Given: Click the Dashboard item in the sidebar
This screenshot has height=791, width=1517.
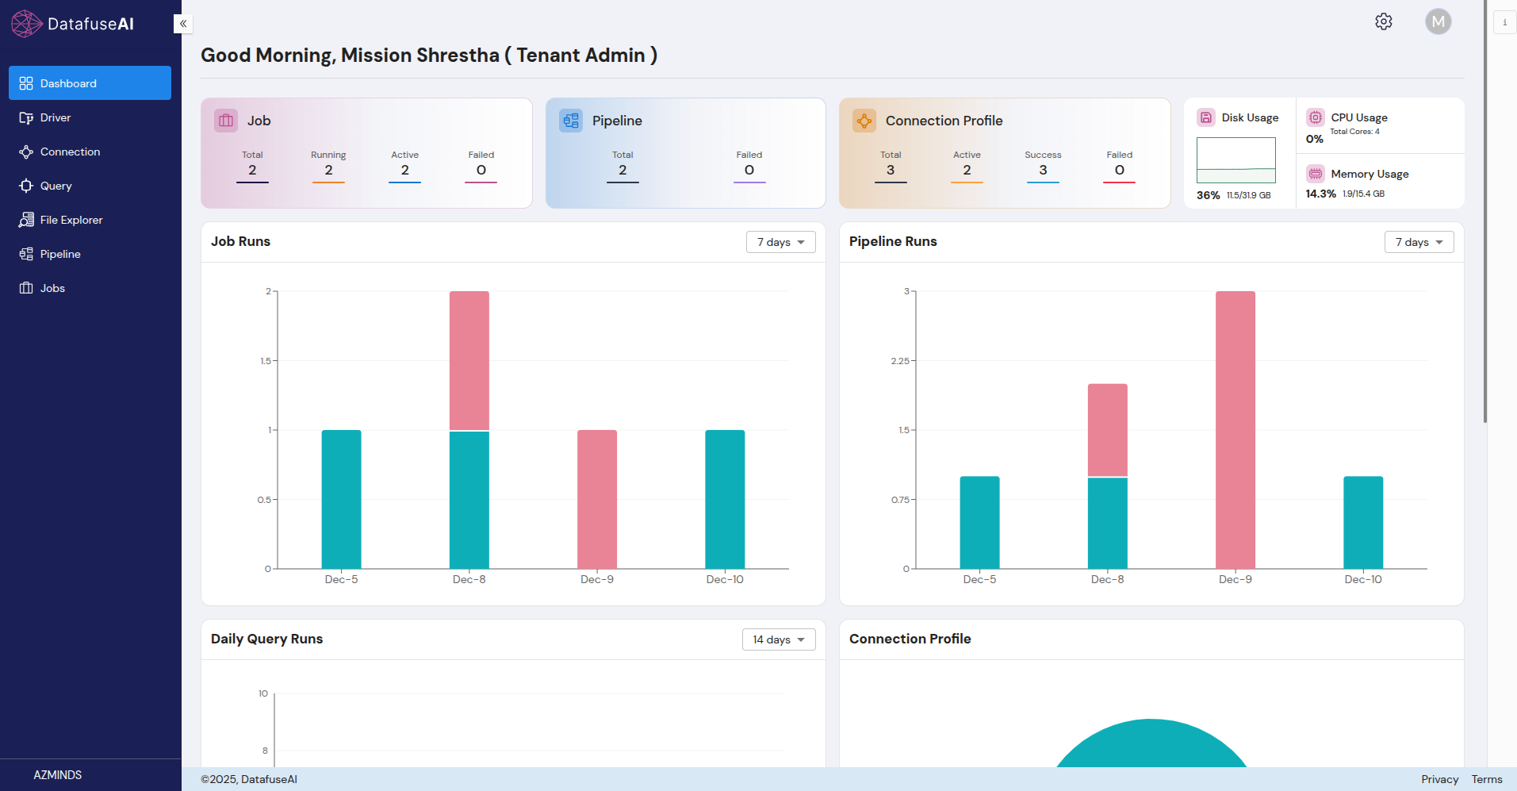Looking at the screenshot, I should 89,83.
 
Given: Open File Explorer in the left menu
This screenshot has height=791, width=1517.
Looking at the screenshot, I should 71,220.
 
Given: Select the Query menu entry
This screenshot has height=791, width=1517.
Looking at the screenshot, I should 56,186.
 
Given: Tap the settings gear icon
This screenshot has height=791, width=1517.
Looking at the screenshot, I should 1384,21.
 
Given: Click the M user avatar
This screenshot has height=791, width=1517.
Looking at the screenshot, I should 1438,21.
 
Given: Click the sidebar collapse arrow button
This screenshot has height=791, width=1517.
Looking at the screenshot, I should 183,24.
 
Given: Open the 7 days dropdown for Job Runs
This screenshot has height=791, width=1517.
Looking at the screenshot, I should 780,242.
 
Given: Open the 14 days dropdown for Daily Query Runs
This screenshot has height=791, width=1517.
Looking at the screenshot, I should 778,639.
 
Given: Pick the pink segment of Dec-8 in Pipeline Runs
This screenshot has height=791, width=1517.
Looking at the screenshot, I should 1107,429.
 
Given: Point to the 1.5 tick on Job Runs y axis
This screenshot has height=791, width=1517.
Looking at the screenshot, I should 266,361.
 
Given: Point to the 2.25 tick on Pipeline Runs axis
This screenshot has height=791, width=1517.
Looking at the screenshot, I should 900,361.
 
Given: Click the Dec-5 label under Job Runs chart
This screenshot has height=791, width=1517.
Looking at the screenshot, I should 341,580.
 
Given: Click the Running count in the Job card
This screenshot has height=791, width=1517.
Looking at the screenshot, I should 328,170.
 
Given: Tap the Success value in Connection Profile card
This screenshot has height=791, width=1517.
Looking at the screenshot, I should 1043,170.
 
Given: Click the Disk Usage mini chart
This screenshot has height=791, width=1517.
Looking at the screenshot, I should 1235,160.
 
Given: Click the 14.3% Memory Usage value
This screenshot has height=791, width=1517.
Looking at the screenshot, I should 1320,194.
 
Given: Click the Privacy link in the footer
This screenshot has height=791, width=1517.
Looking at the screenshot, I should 1439,779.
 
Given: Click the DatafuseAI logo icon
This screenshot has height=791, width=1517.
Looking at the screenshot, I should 26,24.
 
